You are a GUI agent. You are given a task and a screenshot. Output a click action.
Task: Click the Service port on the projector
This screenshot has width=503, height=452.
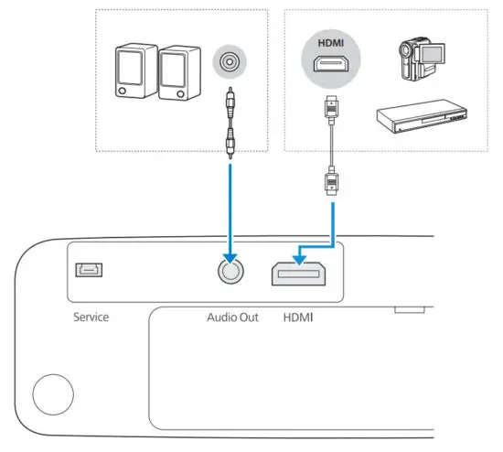click(x=90, y=271)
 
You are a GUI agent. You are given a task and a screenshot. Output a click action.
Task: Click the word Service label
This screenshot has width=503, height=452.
click(x=91, y=317)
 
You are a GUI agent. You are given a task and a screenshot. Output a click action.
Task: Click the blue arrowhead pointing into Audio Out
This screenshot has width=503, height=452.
click(x=229, y=250)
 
